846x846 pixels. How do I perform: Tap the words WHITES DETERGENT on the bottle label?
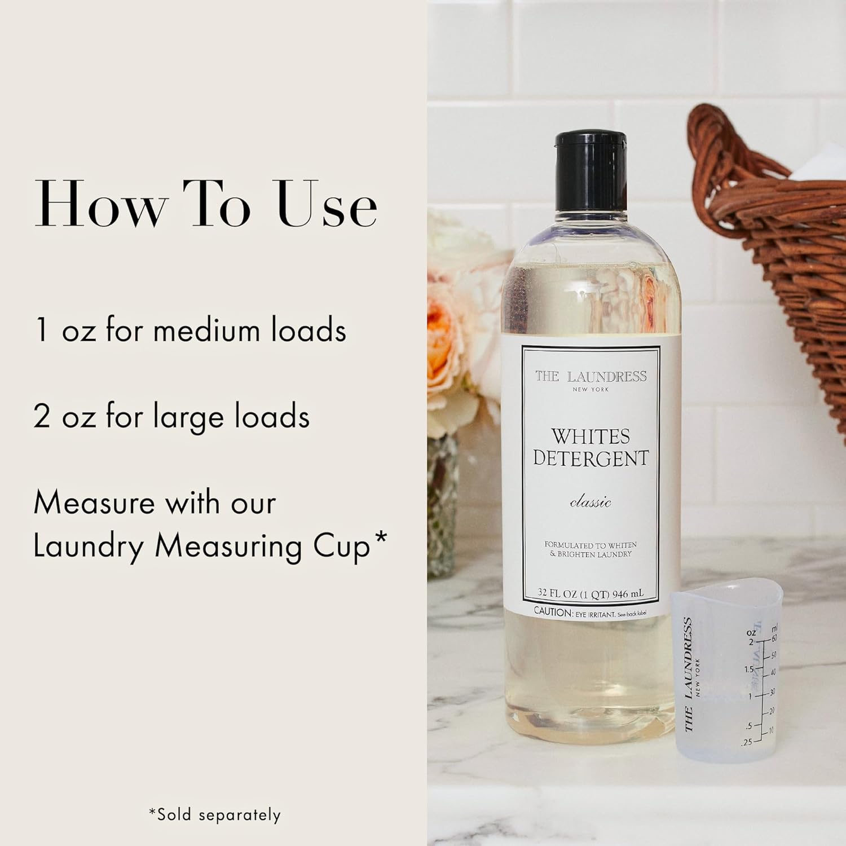pos(591,447)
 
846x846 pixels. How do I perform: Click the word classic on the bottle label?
pos(591,502)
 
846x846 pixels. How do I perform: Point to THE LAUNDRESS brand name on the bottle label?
pos(591,377)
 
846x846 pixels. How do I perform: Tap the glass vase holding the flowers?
pos(443,508)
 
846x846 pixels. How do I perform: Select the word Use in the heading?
pos(327,204)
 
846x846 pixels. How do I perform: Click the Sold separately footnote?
pos(214,814)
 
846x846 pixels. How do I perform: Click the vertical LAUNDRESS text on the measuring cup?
pos(688,674)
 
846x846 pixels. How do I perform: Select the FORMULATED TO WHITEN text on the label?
pos(591,545)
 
